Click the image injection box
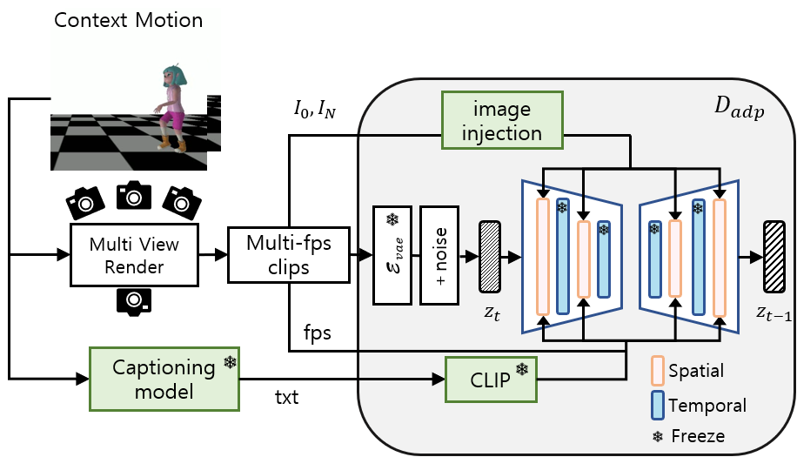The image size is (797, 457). click(x=502, y=121)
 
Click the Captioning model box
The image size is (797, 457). click(x=164, y=379)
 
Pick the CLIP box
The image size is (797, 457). click(x=490, y=379)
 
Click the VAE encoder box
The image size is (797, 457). click(x=392, y=255)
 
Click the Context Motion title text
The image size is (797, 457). click(x=128, y=19)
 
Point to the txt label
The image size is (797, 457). click(x=287, y=399)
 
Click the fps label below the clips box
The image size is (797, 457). click(x=316, y=333)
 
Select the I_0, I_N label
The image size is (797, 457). click(x=315, y=111)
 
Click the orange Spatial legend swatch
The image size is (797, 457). click(x=658, y=370)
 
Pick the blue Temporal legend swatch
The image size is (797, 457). click(x=658, y=404)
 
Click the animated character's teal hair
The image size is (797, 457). click(x=172, y=77)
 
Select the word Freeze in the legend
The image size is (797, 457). click(x=699, y=434)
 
